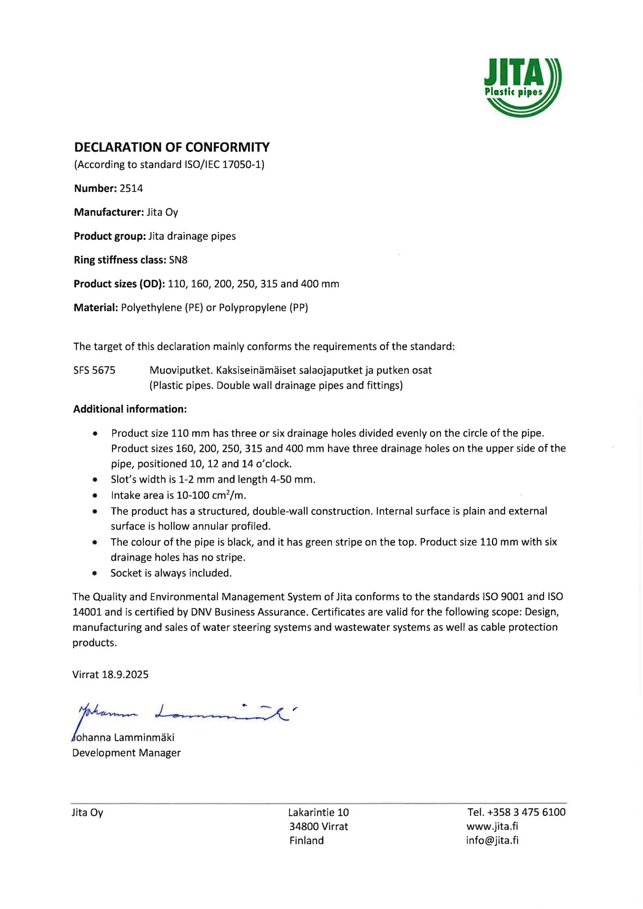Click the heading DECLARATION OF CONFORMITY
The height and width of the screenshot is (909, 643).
pyautogui.click(x=172, y=147)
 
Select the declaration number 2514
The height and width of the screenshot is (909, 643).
pyautogui.click(x=131, y=188)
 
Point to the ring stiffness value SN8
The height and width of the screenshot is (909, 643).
pyautogui.click(x=178, y=260)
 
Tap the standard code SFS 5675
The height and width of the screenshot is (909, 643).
pyautogui.click(x=94, y=371)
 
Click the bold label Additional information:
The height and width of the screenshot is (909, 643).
pyautogui.click(x=130, y=409)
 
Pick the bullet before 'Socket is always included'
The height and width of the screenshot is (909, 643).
pyautogui.click(x=95, y=573)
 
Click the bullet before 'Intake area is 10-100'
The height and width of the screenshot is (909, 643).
pyautogui.click(x=95, y=496)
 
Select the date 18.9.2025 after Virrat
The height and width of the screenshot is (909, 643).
pyautogui.click(x=125, y=674)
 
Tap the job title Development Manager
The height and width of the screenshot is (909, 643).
pyautogui.click(x=126, y=753)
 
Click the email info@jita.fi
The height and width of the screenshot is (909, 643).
pyautogui.click(x=492, y=840)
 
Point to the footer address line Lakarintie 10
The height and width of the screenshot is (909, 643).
pyautogui.click(x=318, y=813)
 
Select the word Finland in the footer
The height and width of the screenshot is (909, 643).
pyautogui.click(x=307, y=841)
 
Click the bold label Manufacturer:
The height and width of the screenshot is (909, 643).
pyautogui.click(x=108, y=213)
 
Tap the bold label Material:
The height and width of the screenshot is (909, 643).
pyautogui.click(x=96, y=308)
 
